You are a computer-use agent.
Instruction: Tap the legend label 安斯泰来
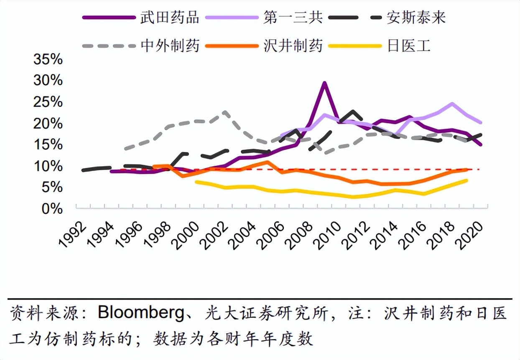[416, 18]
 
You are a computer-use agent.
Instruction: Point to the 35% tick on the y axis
[48, 59]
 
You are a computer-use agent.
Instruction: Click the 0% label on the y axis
[52, 208]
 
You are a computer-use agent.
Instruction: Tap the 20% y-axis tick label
[48, 123]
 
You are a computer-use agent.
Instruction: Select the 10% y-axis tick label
[48, 166]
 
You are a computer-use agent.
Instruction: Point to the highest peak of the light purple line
[452, 103]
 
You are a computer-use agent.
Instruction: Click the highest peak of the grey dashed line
[225, 112]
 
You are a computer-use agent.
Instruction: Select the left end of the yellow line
[196, 182]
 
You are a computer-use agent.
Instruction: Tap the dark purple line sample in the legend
[109, 18]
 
